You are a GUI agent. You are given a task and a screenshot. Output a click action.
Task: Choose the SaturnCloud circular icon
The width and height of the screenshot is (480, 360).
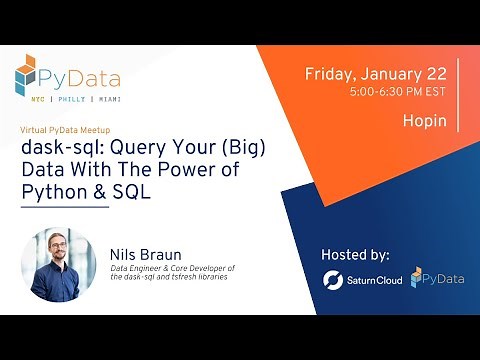point(333,280)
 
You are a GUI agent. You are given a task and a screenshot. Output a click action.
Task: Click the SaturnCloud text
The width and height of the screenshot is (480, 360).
point(375,281)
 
